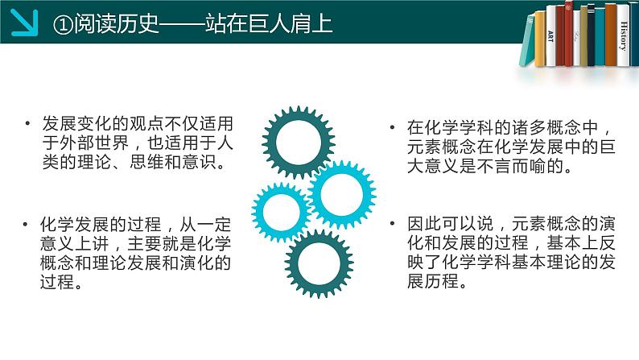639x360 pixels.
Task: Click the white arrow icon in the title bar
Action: point(27,24)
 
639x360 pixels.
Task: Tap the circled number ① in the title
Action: point(62,24)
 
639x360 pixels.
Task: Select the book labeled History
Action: point(623,36)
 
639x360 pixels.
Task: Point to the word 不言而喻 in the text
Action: point(510,168)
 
